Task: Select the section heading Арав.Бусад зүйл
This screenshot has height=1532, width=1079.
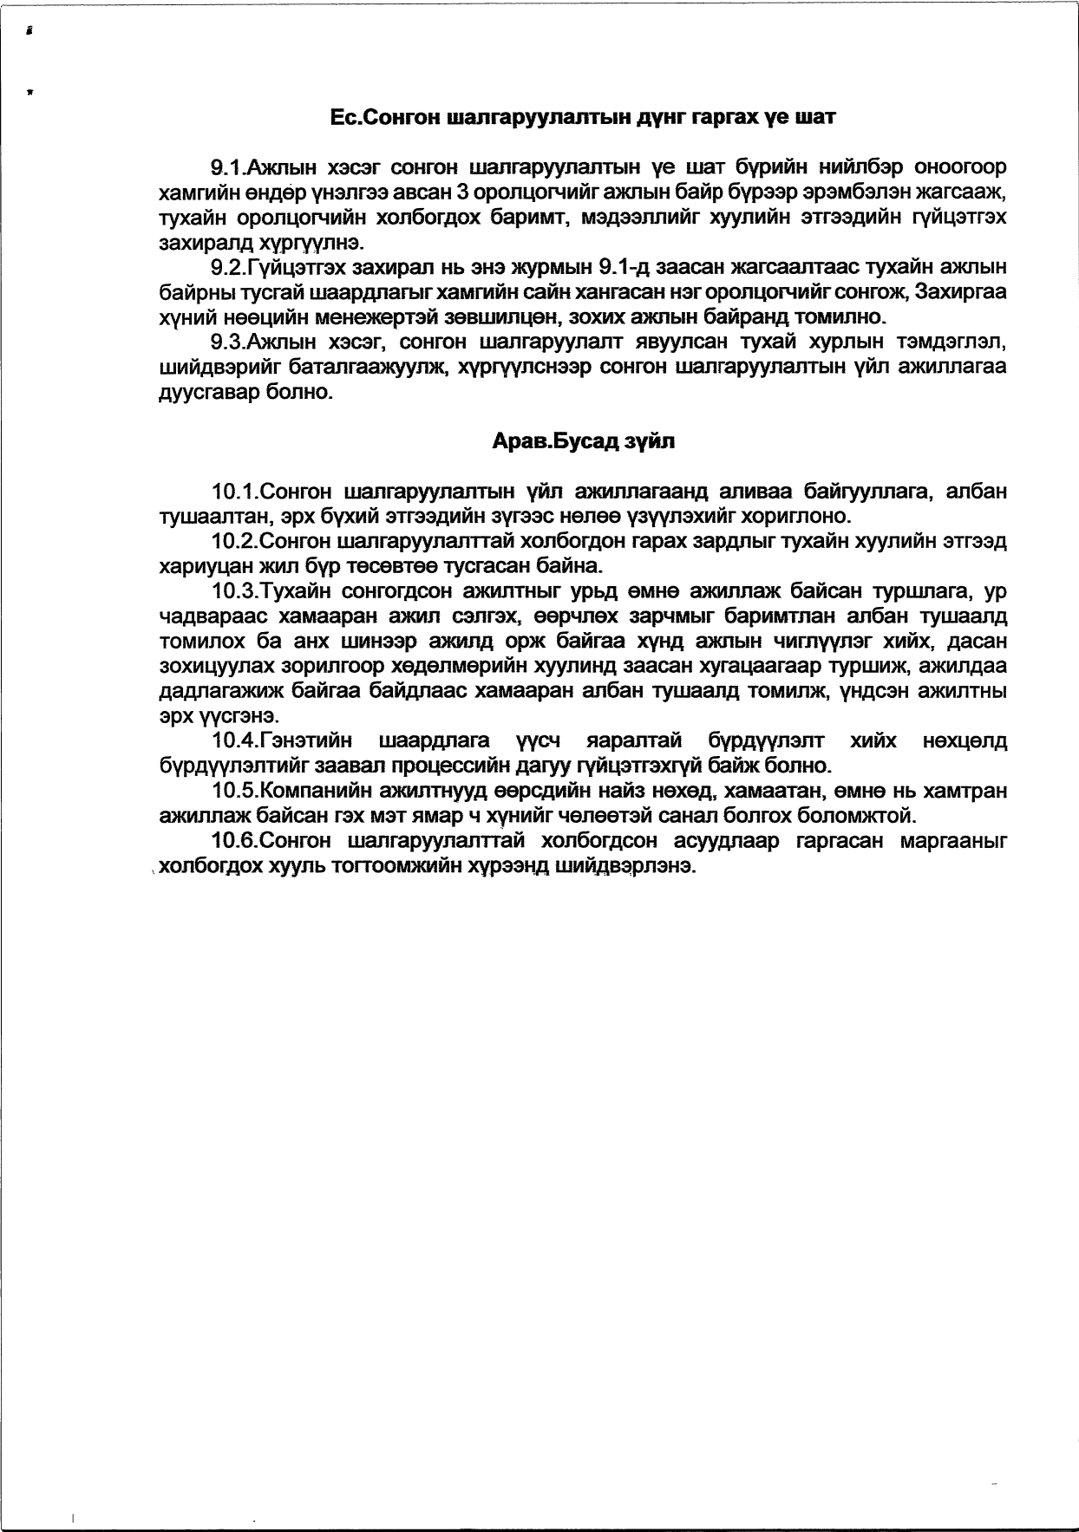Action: pos(583,441)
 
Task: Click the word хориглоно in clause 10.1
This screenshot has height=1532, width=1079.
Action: pos(792,517)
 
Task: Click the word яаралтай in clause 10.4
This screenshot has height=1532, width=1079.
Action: pos(628,741)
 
